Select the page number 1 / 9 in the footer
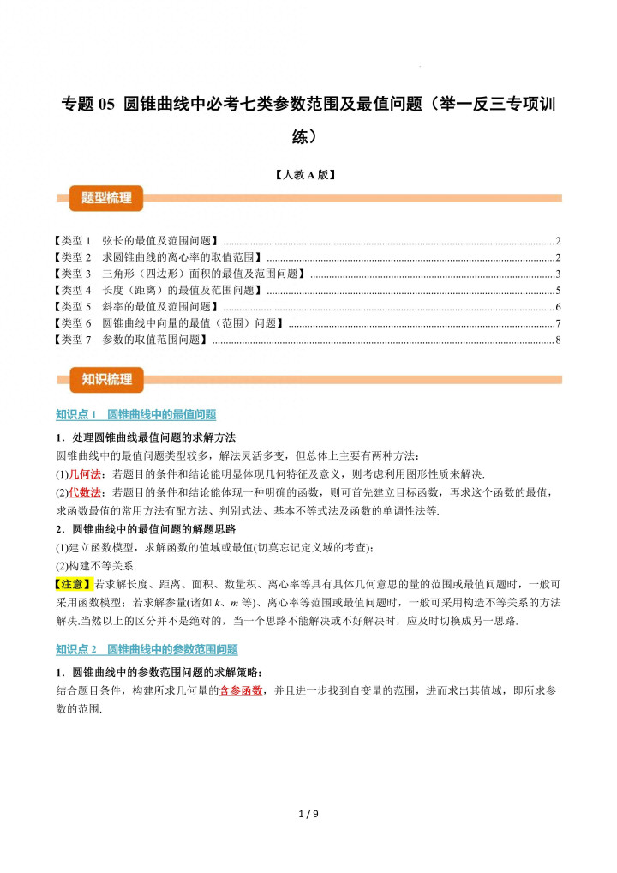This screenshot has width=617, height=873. coord(308,814)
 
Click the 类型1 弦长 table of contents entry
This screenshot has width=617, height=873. coord(137,241)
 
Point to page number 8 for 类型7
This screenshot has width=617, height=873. coord(557,340)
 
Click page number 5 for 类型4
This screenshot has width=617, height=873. coord(557,290)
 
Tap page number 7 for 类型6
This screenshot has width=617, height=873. coord(557,323)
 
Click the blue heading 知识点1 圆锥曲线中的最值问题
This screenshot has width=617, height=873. coord(135,415)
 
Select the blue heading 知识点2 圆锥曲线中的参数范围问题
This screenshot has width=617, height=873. coord(147,650)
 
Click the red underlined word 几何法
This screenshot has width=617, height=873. coord(85,474)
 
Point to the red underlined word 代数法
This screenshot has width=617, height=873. coord(85,492)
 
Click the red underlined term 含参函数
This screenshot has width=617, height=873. coord(241,690)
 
